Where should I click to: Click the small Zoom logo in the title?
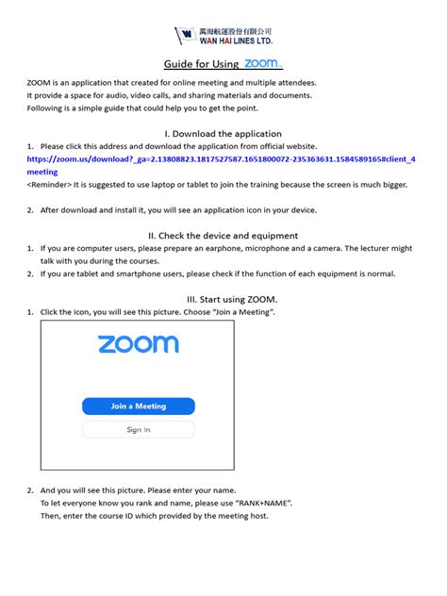(x=263, y=64)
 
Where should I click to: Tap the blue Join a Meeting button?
(x=139, y=406)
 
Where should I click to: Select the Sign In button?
(x=139, y=430)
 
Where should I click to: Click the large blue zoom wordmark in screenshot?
(x=139, y=344)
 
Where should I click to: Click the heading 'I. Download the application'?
(x=223, y=134)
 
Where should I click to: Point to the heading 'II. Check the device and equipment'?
(x=223, y=235)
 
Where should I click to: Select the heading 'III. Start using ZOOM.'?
(x=223, y=298)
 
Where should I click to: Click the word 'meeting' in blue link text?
(x=42, y=173)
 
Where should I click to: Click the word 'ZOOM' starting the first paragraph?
(x=41, y=84)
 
